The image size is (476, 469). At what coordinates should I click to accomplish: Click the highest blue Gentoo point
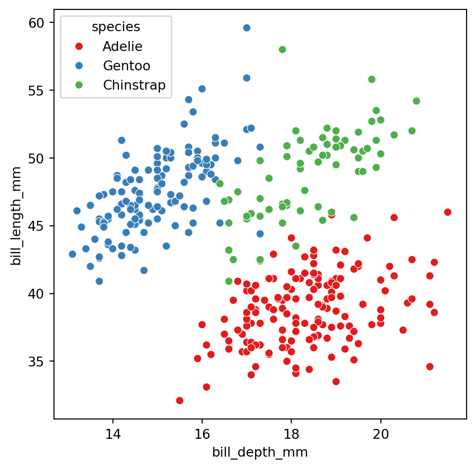click(x=247, y=28)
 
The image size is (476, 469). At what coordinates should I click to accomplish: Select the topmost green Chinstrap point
click(x=282, y=50)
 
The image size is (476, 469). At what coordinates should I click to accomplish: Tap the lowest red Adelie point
click(x=180, y=400)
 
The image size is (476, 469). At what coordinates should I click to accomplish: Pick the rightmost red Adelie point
click(x=448, y=212)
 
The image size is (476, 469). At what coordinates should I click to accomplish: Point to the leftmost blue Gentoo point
click(x=72, y=254)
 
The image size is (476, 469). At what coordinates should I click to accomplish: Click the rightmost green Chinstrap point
click(x=416, y=101)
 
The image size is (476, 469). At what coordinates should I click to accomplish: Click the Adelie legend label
click(x=122, y=47)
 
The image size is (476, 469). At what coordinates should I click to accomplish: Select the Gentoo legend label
click(x=126, y=65)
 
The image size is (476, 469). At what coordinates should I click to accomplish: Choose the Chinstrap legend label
click(x=134, y=85)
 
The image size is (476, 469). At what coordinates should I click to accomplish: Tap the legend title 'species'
click(x=115, y=27)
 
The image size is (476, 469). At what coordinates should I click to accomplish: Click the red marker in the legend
click(x=78, y=47)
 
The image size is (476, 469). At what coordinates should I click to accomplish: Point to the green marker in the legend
click(x=78, y=85)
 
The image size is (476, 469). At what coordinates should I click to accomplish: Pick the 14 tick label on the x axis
click(x=113, y=434)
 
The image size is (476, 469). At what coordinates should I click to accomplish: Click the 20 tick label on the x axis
click(x=380, y=434)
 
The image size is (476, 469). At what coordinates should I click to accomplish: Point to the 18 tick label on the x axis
click(x=291, y=434)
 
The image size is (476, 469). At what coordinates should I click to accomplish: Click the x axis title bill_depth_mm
click(x=260, y=452)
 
